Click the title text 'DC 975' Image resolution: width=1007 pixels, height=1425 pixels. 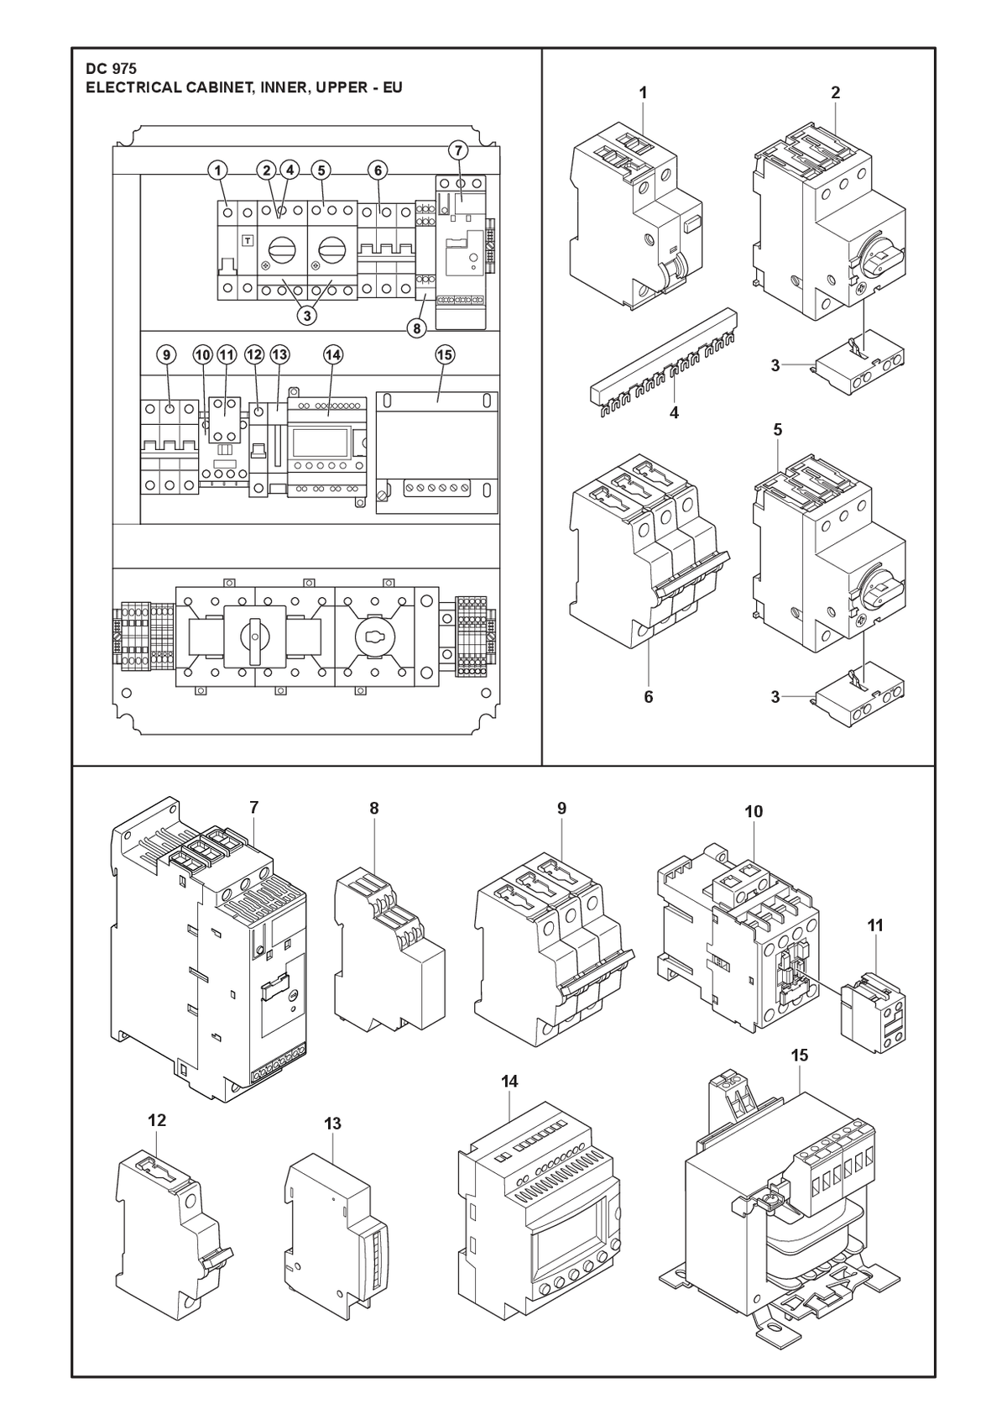pyautogui.click(x=112, y=69)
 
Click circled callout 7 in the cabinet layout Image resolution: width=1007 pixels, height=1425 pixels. pyautogui.click(x=457, y=151)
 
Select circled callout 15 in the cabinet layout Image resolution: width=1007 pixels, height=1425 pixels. pyautogui.click(x=445, y=354)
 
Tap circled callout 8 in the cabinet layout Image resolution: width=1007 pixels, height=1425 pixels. pyautogui.click(x=416, y=329)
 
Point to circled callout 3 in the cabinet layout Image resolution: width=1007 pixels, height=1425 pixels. pyautogui.click(x=307, y=315)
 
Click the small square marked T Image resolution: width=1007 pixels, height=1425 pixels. pyautogui.click(x=247, y=241)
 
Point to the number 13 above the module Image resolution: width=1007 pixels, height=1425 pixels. pyautogui.click(x=332, y=1124)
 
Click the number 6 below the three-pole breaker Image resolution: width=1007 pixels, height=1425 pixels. pyautogui.click(x=649, y=697)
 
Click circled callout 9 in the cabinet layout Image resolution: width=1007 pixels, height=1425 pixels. pyautogui.click(x=166, y=354)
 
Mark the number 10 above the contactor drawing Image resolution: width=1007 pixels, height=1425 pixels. pyautogui.click(x=754, y=812)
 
